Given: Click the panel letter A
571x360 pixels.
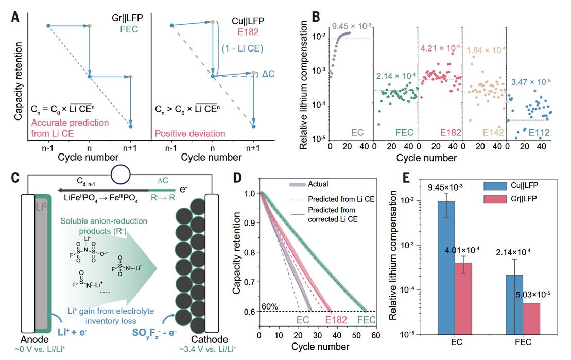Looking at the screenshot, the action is coord(15,17).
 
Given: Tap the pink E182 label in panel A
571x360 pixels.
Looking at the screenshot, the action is coord(248,32).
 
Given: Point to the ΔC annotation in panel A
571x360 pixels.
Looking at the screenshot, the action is coord(268,74).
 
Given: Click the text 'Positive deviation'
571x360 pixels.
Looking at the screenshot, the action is coord(190,134).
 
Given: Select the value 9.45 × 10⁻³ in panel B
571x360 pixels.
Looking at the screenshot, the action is coord(352,27).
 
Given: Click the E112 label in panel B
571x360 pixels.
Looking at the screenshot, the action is coord(539,133).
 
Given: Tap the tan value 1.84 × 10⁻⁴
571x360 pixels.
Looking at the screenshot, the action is coord(486,50).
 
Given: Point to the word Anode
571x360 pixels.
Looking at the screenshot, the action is coord(34,339).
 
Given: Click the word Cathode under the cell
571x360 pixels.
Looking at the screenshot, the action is coord(210,339).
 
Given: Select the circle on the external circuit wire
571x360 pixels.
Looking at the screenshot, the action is coord(120,175).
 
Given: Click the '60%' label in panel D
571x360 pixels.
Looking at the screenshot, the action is coord(269,307).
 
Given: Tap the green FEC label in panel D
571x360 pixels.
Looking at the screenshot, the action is coord(367,320).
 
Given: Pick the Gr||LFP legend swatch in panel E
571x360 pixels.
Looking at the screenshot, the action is coord(495,199).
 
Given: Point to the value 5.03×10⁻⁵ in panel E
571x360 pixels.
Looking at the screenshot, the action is coord(532,295).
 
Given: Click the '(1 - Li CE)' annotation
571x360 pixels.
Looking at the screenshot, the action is coord(242,48).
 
